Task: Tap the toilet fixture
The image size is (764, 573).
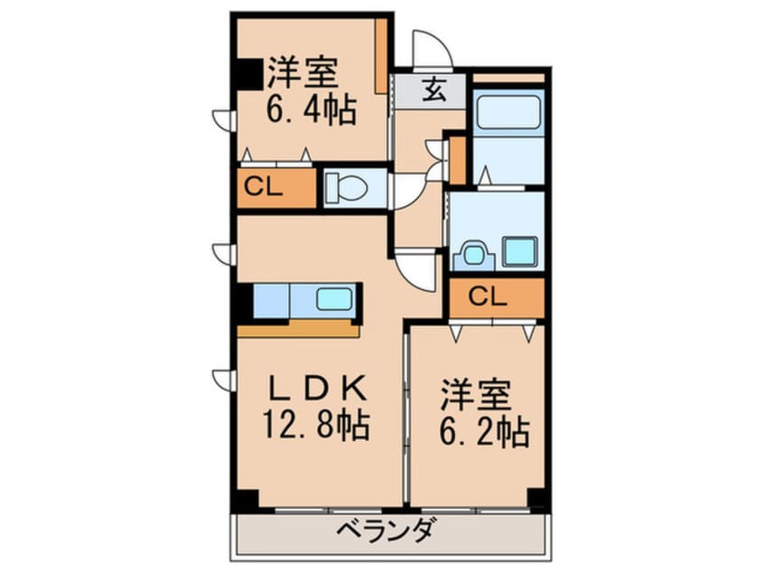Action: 347,187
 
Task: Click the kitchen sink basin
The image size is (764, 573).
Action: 332,298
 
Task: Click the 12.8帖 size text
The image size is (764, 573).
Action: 316,425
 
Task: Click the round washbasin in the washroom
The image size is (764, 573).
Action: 472,255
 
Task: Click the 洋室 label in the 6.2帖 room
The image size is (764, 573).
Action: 476,395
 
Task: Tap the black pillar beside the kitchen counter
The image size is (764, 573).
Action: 244,302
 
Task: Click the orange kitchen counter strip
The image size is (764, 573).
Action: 298,329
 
